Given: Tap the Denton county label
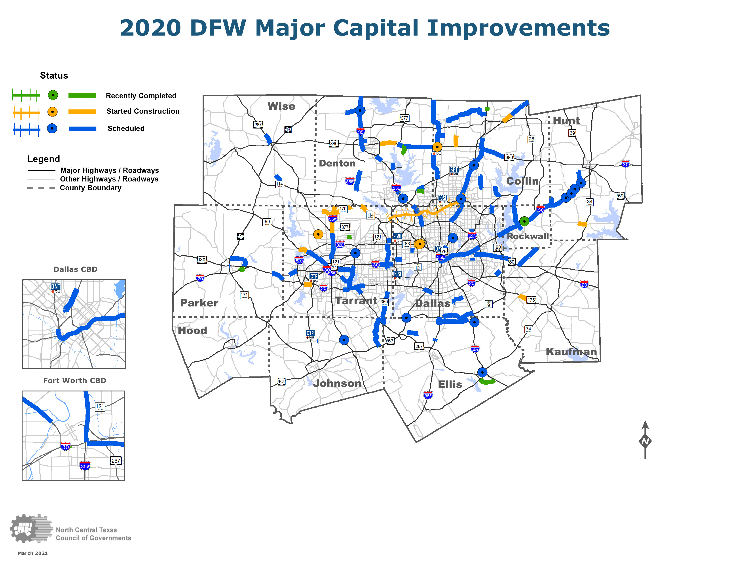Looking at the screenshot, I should pos(337,163).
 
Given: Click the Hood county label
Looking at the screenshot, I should pos(192,331).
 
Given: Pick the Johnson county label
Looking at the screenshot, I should pos(337,383).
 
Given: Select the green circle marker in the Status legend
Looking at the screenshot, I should pos(53,95).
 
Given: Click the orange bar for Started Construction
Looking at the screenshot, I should pos(82,111).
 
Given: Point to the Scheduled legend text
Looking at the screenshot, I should pos(126,128).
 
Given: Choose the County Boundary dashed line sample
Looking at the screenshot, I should pos(41,188).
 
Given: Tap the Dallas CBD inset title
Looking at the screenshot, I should pos(75,269).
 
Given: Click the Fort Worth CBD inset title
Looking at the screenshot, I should pos(74,381).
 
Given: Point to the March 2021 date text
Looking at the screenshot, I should pos(33,553).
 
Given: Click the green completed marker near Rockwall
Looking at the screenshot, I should pos(524,221).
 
